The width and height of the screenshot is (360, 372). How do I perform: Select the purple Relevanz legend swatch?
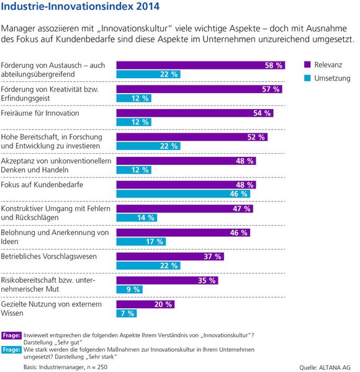(x=307, y=64)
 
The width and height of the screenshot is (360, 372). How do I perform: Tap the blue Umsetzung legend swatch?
(x=307, y=79)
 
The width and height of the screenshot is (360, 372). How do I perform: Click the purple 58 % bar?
(x=201, y=65)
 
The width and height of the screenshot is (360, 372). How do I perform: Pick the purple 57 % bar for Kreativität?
(x=200, y=89)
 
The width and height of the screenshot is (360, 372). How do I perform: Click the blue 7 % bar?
(x=127, y=313)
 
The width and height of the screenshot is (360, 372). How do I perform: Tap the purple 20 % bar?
(x=143, y=304)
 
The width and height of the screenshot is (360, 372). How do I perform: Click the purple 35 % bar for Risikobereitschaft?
(x=168, y=280)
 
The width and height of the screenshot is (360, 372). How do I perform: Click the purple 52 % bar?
(x=193, y=137)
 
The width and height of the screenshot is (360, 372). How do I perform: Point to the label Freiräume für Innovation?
(x=40, y=113)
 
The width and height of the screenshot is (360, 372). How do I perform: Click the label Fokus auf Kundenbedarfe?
(x=42, y=185)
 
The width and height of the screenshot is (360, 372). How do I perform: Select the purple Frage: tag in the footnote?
(x=12, y=335)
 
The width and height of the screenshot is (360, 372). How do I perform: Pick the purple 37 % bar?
(x=171, y=256)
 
